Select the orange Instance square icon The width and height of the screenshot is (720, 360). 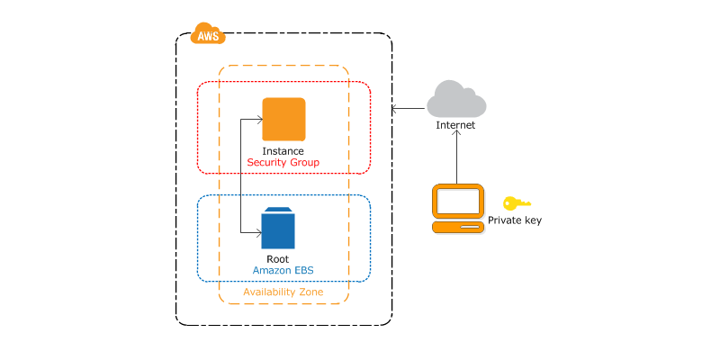(283, 119)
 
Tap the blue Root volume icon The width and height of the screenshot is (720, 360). (278, 229)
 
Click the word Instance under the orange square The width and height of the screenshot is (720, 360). (283, 150)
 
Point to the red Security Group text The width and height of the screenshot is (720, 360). (283, 162)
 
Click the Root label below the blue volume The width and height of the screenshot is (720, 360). (277, 258)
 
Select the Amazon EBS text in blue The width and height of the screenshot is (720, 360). (283, 270)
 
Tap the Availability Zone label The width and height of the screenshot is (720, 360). (283, 292)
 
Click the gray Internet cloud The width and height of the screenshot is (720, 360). (456, 99)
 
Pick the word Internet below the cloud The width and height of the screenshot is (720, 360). (455, 125)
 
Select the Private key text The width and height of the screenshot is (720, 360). (515, 220)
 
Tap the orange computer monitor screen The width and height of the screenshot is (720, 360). (457, 202)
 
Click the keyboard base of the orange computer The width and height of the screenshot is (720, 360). (457, 227)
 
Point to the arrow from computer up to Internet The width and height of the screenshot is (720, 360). (457, 157)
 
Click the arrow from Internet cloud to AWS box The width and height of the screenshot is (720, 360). (409, 110)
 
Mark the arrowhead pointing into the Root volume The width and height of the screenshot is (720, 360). (256, 231)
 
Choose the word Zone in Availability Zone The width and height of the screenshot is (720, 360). (307, 292)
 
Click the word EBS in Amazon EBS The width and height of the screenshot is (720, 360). (301, 270)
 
